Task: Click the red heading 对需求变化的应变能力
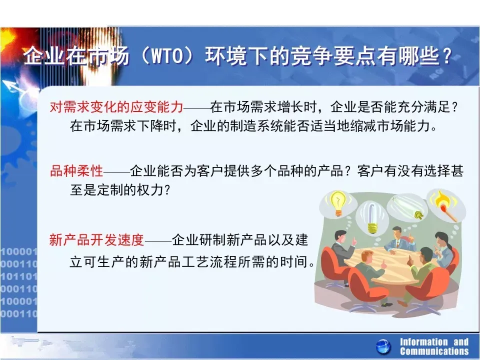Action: [x=116, y=107]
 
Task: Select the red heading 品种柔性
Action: [x=76, y=171]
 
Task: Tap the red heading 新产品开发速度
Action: [x=96, y=239]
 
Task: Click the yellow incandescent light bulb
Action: [x=337, y=202]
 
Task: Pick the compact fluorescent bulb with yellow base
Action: [x=371, y=218]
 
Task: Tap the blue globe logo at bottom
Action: [x=383, y=347]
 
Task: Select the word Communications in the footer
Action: [x=434, y=351]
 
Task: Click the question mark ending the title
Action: [x=447, y=56]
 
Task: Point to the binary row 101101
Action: [x=18, y=276]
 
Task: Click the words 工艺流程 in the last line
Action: [x=206, y=262]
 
